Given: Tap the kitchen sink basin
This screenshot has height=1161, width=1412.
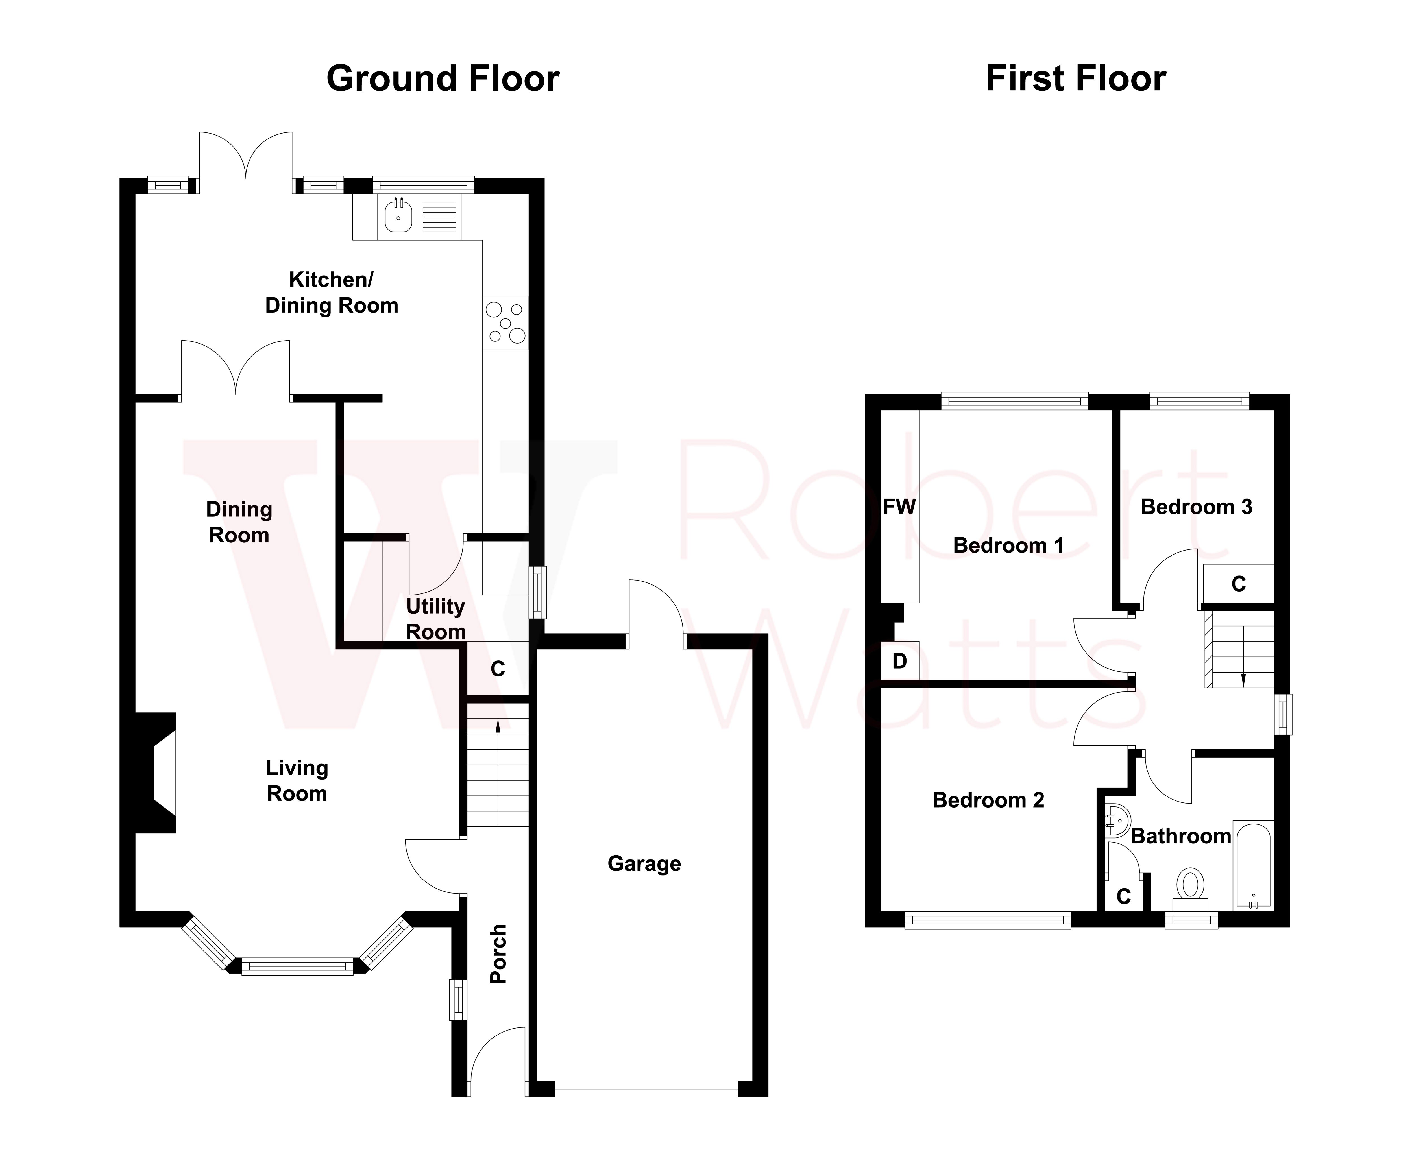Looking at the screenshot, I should (x=398, y=216).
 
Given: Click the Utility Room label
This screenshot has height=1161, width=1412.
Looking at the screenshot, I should (x=435, y=619).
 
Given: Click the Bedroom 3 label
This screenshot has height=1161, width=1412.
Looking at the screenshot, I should (x=1196, y=507).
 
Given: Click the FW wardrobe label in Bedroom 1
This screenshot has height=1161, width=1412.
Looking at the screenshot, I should (x=899, y=507).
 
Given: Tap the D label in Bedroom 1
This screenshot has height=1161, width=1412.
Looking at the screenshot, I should (x=900, y=662).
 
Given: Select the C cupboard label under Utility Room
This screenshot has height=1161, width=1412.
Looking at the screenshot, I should (x=498, y=669).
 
